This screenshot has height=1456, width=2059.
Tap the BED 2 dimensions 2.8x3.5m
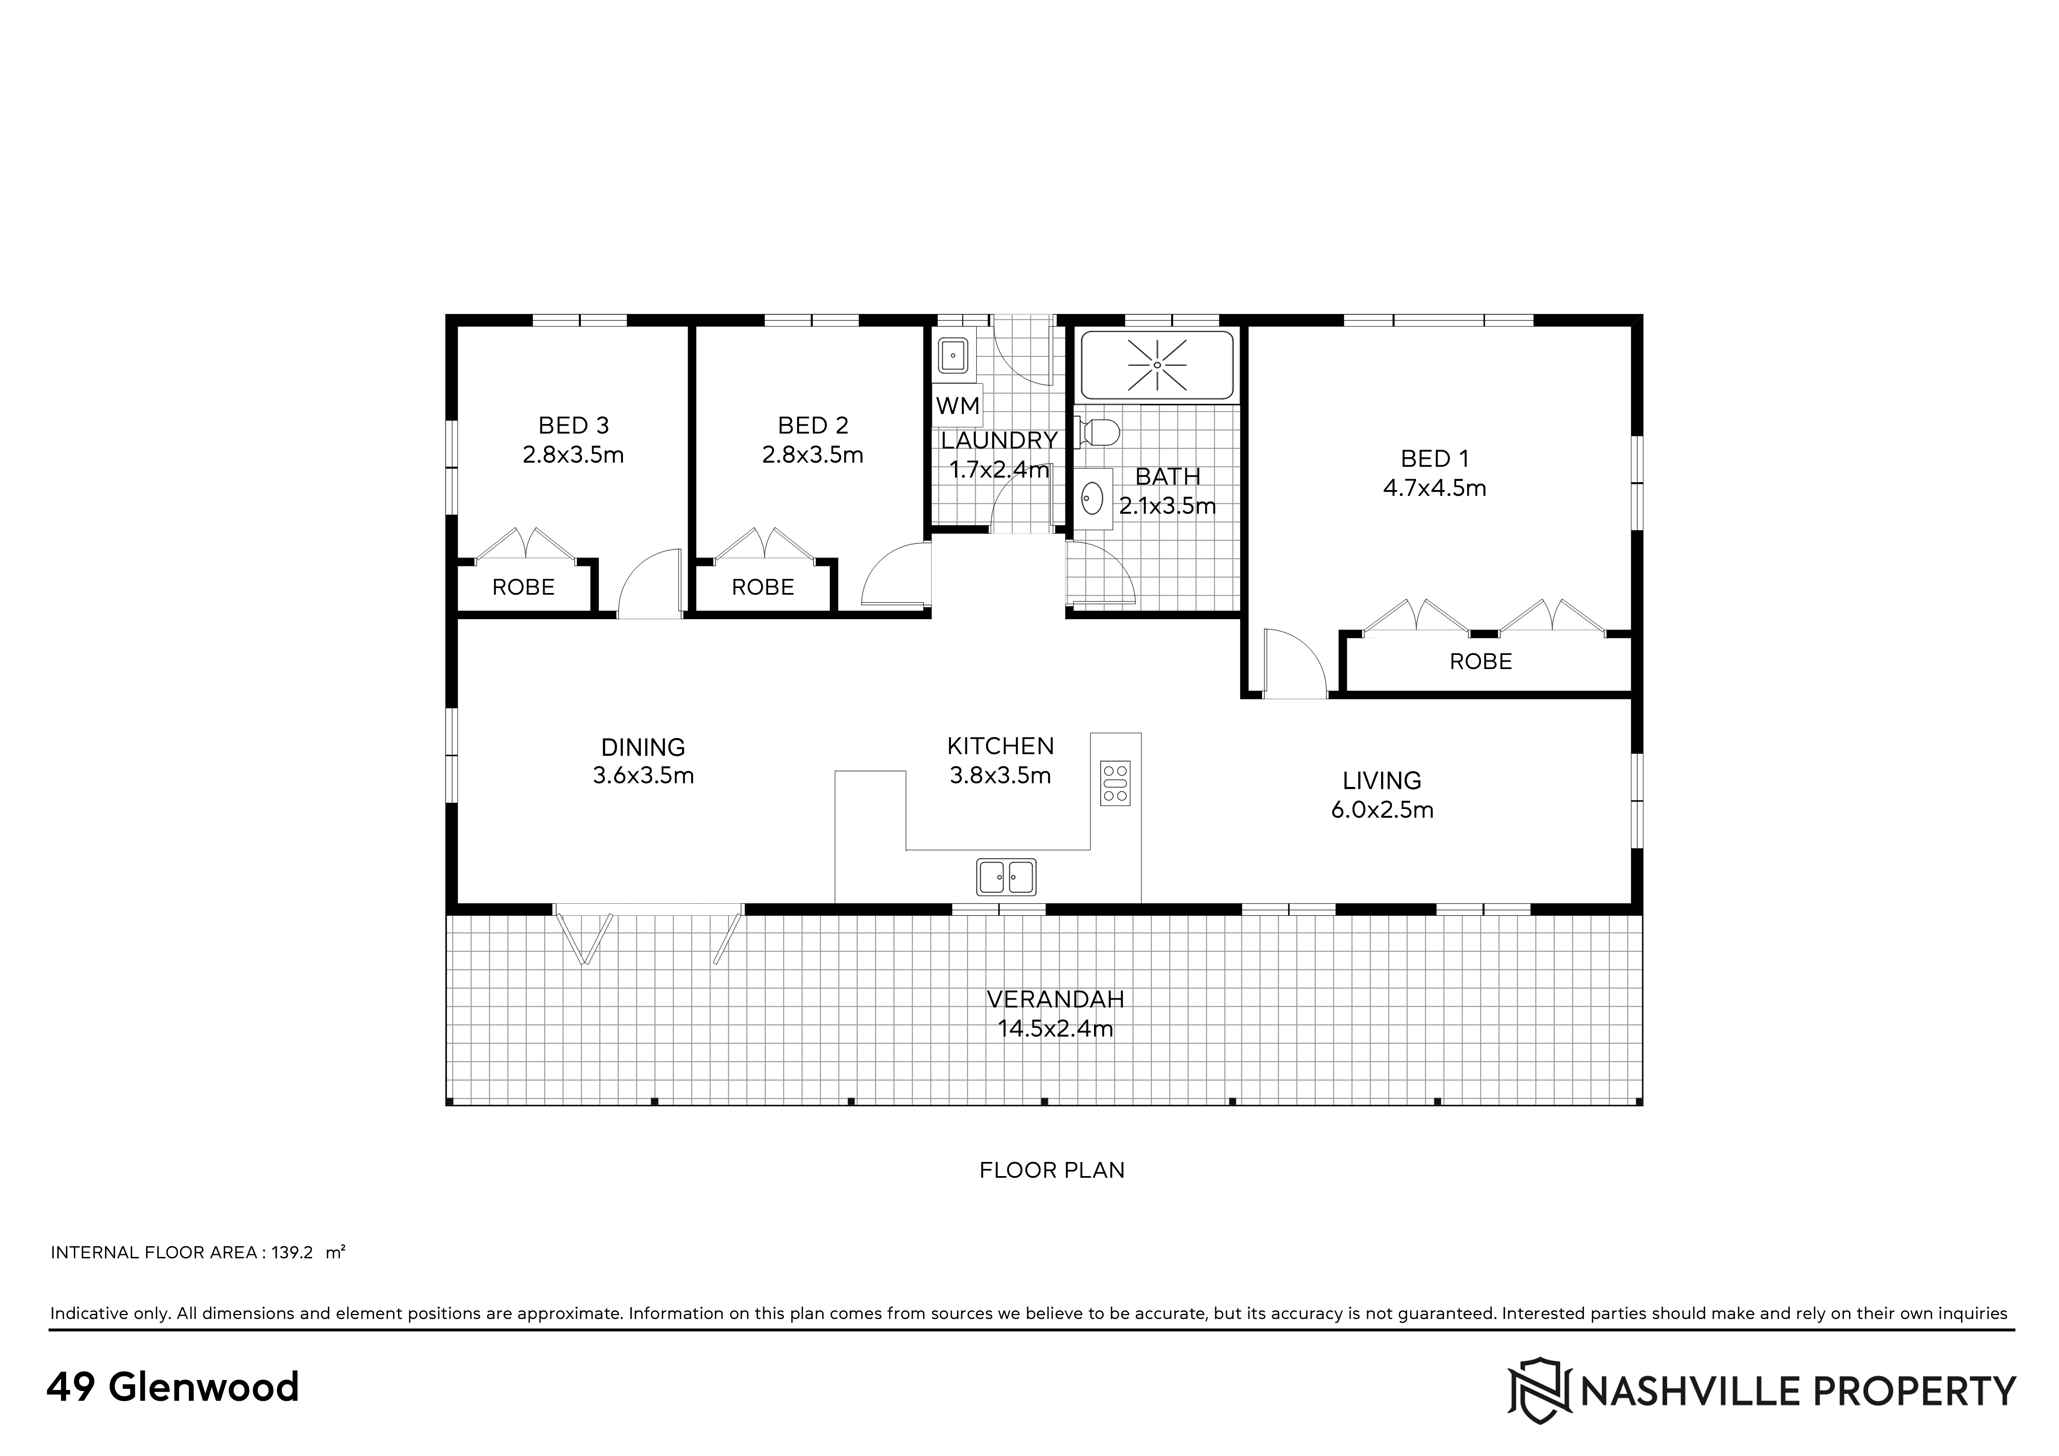coord(813,455)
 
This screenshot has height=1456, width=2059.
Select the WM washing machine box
coord(958,405)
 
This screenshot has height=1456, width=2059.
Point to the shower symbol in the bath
coord(1157,365)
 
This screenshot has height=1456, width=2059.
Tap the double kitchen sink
coord(1006,877)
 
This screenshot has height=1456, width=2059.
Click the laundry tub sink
coord(952,355)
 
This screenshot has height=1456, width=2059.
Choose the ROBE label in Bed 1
coord(1480,662)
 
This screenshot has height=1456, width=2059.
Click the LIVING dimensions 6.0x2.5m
coord(1382,810)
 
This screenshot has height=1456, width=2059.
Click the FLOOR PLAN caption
coord(1052,1170)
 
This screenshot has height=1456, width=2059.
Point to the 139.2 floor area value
coord(292,1253)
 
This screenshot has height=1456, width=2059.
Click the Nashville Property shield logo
coord(1539,1390)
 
